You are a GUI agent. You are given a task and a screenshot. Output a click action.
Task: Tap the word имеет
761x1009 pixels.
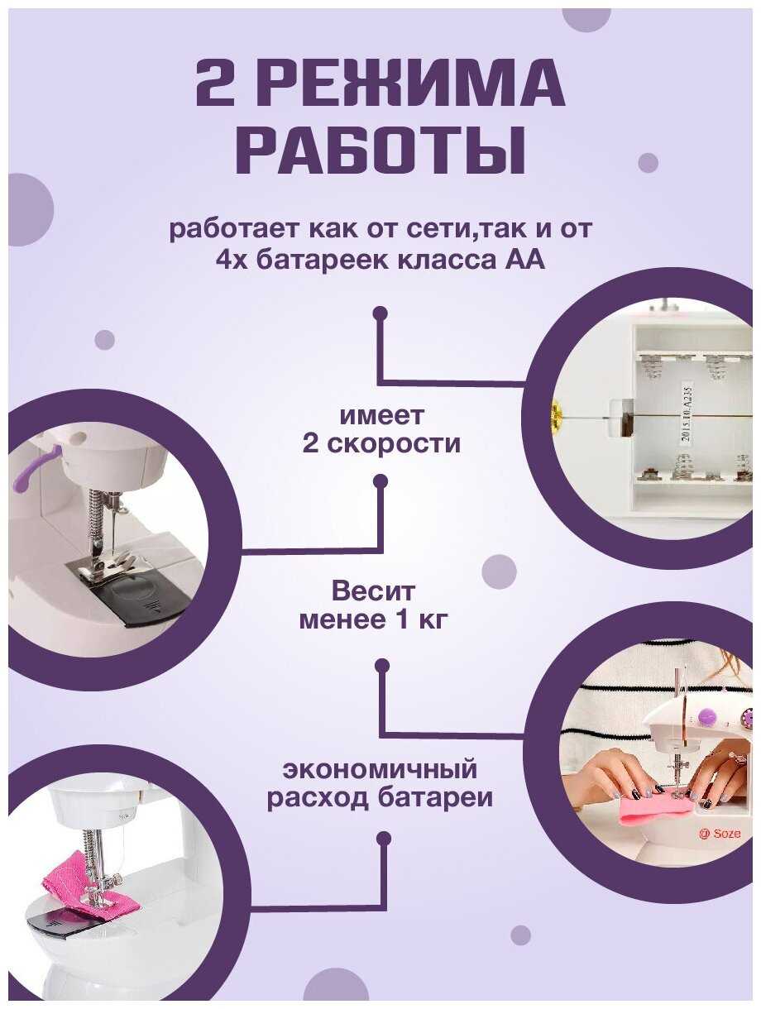pos(382,416)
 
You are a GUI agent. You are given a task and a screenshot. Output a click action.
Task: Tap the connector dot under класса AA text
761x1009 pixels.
pos(380,314)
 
